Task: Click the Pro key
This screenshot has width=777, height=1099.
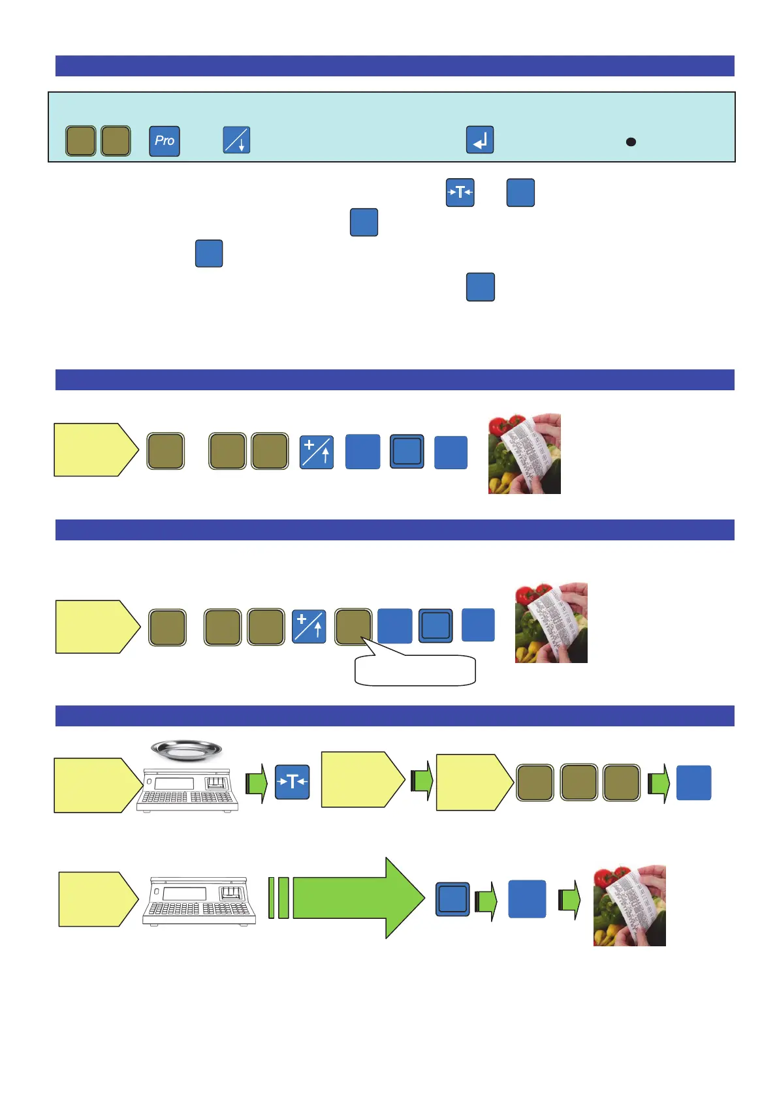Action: pyautogui.click(x=164, y=141)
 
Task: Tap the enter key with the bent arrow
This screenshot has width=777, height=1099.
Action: pyautogui.click(x=479, y=140)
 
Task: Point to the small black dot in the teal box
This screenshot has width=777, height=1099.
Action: pyautogui.click(x=631, y=142)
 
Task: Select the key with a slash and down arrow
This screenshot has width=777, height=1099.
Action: pyautogui.click(x=236, y=140)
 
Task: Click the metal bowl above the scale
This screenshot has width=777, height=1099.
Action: pyautogui.click(x=186, y=751)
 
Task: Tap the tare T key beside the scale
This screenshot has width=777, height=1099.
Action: pyautogui.click(x=292, y=782)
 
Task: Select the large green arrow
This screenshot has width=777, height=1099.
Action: pyautogui.click(x=358, y=898)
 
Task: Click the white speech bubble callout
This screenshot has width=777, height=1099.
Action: pyautogui.click(x=415, y=670)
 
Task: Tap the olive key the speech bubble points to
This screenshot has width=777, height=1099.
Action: pyautogui.click(x=353, y=627)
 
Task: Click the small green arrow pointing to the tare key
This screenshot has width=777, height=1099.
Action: pyautogui.click(x=257, y=782)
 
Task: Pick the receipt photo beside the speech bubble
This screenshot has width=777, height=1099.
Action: pyautogui.click(x=550, y=623)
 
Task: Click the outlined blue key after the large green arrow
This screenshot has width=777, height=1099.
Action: pyautogui.click(x=452, y=899)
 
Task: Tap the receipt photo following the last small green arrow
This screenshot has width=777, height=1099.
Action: pyautogui.click(x=629, y=905)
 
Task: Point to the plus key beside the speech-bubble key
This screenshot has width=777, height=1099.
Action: pyautogui.click(x=308, y=627)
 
